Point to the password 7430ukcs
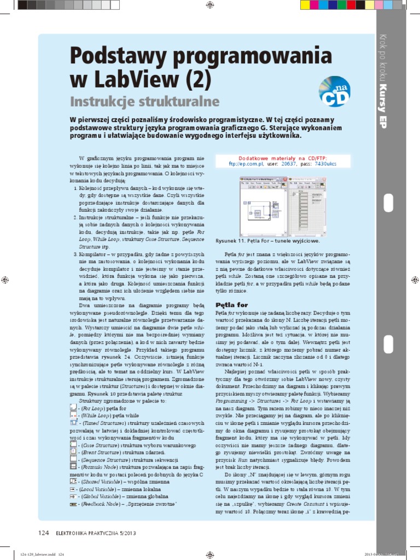[325, 163]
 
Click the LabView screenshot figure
[281, 206]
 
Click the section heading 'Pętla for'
[232, 305]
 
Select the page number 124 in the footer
[44, 533]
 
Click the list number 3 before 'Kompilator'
[74, 254]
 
